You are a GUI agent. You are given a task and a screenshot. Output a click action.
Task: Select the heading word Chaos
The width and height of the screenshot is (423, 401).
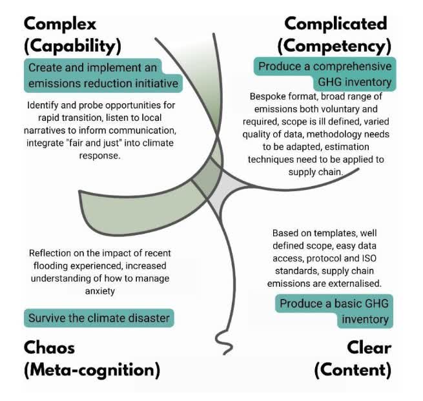50,347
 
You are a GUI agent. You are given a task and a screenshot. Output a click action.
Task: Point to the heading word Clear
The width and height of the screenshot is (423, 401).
369,347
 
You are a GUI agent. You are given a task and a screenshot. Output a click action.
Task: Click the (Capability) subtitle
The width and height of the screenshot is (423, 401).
74,46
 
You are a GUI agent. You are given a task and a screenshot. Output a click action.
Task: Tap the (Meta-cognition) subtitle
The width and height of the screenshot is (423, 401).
91,370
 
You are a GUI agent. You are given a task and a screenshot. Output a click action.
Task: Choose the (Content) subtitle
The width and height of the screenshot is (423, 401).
353,370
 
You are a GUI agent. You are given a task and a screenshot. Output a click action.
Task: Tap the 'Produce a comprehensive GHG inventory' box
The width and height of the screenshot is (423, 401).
324,74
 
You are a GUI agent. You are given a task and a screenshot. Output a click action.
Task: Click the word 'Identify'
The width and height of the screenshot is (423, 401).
45,105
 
